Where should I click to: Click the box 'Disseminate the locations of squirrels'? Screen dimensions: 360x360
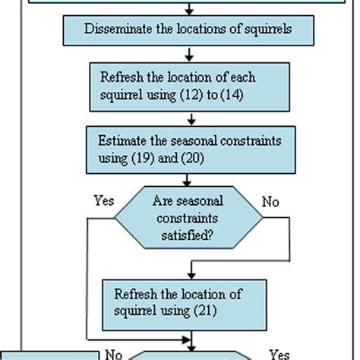pos(189,30)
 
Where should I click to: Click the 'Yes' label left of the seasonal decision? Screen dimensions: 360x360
pos(103,201)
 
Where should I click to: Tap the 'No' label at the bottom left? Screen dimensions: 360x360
pos(113,353)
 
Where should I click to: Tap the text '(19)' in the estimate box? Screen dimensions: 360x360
pos(149,156)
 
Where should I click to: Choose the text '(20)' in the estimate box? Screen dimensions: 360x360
pos(192,156)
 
